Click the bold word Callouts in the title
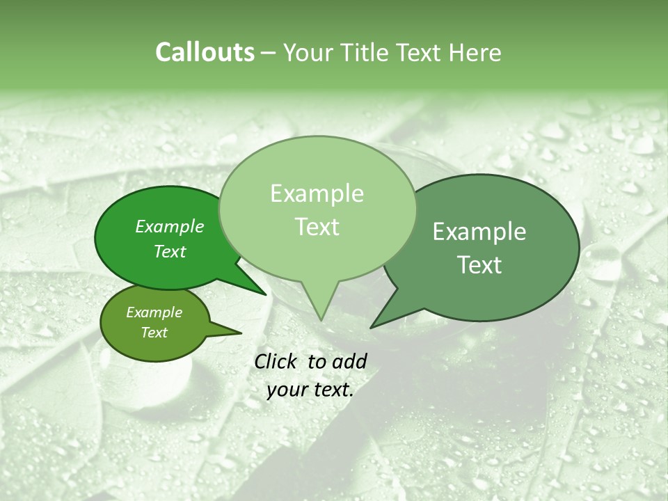(x=205, y=52)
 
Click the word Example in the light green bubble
(x=317, y=193)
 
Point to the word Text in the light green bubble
(x=317, y=227)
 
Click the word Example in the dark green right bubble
(x=479, y=232)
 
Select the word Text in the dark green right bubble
(x=479, y=265)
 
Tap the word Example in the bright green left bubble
(x=169, y=226)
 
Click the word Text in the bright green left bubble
(x=169, y=251)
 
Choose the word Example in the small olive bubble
(x=154, y=312)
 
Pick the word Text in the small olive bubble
(x=154, y=333)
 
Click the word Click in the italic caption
(x=277, y=361)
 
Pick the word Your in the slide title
(x=308, y=52)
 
